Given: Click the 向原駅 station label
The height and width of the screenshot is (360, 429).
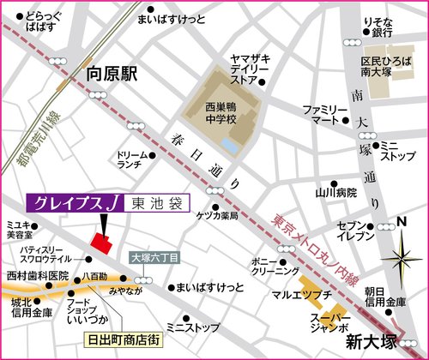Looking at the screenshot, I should [x=112, y=75].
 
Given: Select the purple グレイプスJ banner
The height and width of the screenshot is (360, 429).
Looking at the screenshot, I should [x=77, y=203].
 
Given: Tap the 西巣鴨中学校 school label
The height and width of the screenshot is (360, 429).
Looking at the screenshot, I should [x=208, y=116].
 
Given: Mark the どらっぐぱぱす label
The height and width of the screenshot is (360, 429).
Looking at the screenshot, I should [x=43, y=21].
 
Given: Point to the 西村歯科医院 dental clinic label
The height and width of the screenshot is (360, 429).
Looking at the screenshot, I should [x=35, y=277].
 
